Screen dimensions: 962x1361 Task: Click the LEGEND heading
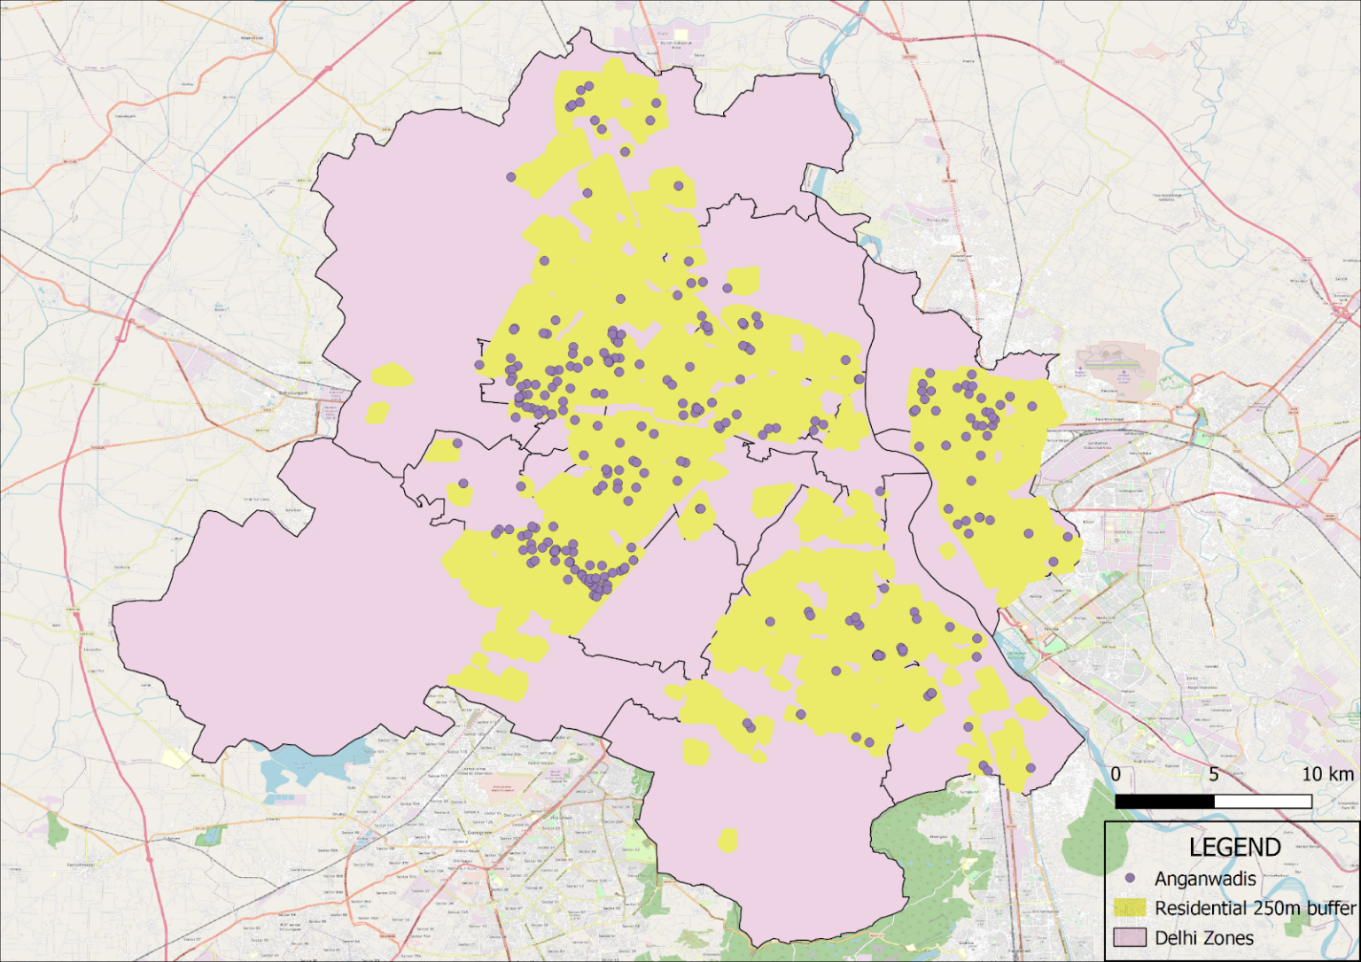[x=1234, y=848]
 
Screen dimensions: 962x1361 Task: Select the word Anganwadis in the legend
[x=1205, y=879]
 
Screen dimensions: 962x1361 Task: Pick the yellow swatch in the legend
[x=1130, y=908]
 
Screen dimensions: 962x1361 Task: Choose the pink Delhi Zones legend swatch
[x=1130, y=937]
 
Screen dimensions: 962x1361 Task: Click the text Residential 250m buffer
[x=1255, y=908]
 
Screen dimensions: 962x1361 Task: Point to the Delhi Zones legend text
[x=1204, y=937]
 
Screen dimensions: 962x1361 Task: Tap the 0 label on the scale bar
[x=1116, y=774]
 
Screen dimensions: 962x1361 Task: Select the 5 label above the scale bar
[x=1213, y=774]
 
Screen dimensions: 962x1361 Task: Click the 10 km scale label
[x=1326, y=774]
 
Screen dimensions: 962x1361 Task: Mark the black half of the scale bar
[x=1164, y=801]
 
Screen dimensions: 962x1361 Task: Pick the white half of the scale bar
[x=1263, y=801]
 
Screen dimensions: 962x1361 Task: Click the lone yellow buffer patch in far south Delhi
[x=727, y=840]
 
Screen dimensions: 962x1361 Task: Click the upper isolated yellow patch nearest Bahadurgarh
[x=392, y=376]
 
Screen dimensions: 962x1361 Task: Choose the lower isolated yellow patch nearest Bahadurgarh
[x=377, y=413]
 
